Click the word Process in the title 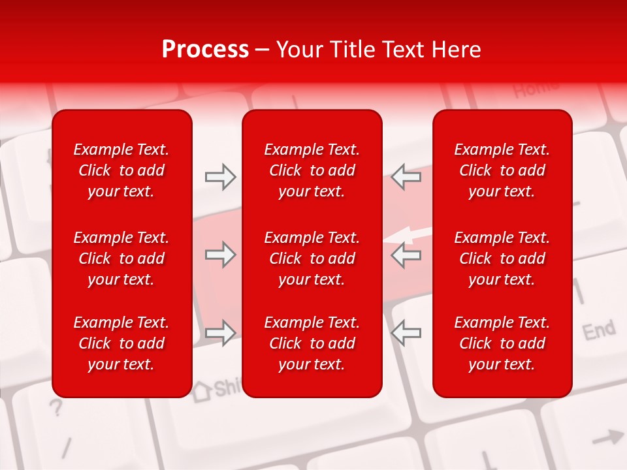click(205, 50)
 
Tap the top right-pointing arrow click(220, 177)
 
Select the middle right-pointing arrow click(220, 255)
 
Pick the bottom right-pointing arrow click(220, 333)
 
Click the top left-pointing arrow click(406, 177)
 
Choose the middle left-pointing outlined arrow click(406, 255)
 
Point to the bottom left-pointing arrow click(406, 333)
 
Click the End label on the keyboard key click(598, 330)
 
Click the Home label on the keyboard click(536, 87)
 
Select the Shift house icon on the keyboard click(202, 390)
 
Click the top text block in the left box click(121, 170)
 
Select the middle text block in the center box click(312, 258)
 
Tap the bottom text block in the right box click(502, 343)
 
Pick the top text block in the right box click(502, 170)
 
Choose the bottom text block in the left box click(121, 343)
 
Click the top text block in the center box click(312, 170)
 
